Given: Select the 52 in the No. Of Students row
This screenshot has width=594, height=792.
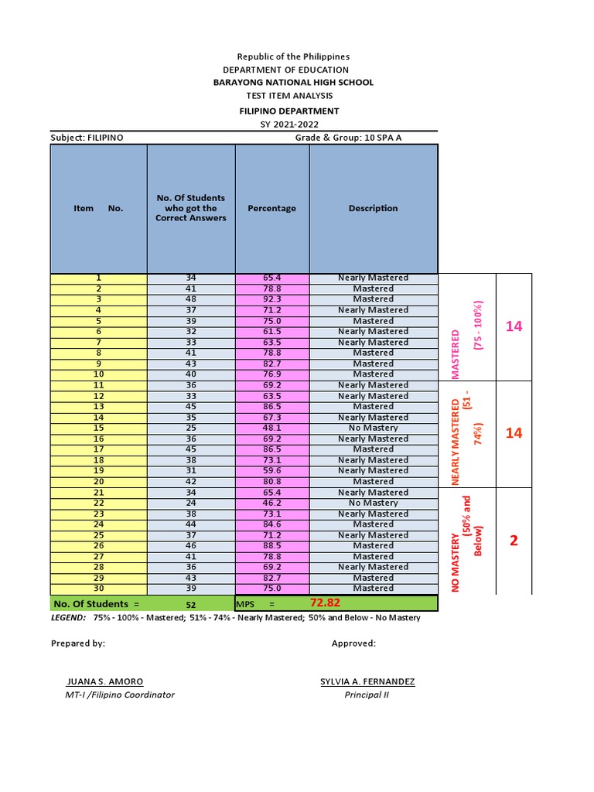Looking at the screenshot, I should pyautogui.click(x=191, y=604).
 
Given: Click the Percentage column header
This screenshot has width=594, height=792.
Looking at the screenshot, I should pyautogui.click(x=271, y=208).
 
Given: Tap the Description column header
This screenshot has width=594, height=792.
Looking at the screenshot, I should pyautogui.click(x=373, y=208).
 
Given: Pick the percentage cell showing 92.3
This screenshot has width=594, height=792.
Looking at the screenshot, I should pyautogui.click(x=271, y=299).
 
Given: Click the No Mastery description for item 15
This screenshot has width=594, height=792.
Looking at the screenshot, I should pyautogui.click(x=373, y=428).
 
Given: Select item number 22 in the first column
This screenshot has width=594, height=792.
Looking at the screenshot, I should pyautogui.click(x=98, y=503).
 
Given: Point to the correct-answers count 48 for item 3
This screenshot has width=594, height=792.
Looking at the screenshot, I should pyautogui.click(x=191, y=299).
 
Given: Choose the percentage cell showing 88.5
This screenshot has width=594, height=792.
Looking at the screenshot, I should pyautogui.click(x=271, y=545).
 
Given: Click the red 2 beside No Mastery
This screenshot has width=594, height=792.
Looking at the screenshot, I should pyautogui.click(x=514, y=541).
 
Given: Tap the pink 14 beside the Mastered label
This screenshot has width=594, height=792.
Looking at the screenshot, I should pyautogui.click(x=514, y=326).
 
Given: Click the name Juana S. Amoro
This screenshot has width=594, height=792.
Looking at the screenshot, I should pyautogui.click(x=104, y=681).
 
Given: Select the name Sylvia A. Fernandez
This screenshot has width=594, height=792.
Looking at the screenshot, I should pyautogui.click(x=367, y=681).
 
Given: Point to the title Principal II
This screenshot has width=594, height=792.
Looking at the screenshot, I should pyautogui.click(x=367, y=695).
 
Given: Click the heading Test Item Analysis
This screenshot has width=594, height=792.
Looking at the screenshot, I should pyautogui.click(x=289, y=95).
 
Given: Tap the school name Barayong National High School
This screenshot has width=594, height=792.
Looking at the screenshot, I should pyautogui.click(x=293, y=82).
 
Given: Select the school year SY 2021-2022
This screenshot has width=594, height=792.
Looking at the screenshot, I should pyautogui.click(x=289, y=125).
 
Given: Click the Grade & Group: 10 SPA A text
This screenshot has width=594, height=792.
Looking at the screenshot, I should pyautogui.click(x=349, y=138).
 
